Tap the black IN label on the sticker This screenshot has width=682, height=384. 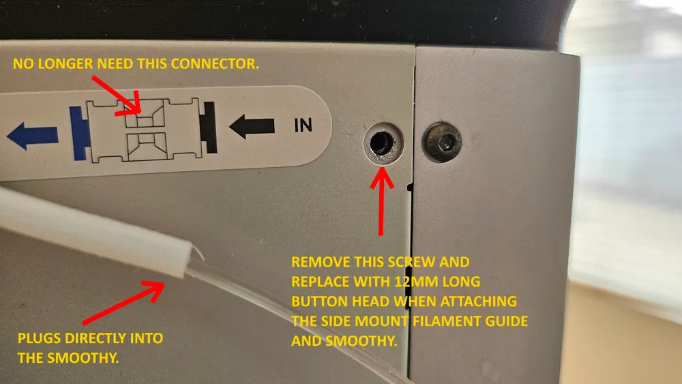point(303,125)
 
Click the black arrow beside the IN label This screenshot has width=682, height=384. point(252,126)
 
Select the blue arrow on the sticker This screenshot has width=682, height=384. point(32,136)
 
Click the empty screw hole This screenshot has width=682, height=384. point(382,142)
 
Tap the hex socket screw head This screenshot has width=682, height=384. point(441,142)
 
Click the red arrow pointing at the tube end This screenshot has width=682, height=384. point(124,302)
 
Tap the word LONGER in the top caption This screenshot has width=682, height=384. point(65,63)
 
